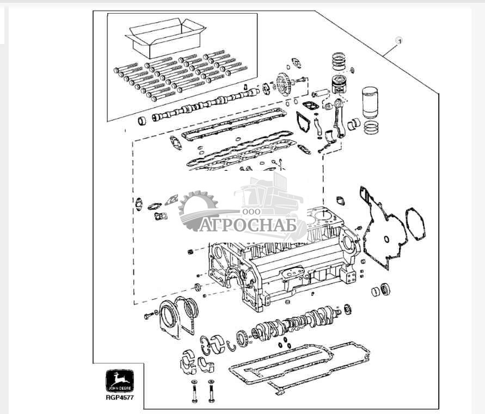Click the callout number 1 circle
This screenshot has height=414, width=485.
pyautogui.click(x=398, y=41)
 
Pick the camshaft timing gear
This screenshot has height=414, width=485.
pyautogui.click(x=283, y=84)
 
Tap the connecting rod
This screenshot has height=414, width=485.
pyautogui.click(x=338, y=114)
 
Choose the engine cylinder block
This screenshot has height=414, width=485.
pyautogui.click(x=278, y=261)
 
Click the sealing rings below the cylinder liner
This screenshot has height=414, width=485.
pyautogui.click(x=372, y=129)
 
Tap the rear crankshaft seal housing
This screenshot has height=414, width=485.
pyautogui.click(x=180, y=315)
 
